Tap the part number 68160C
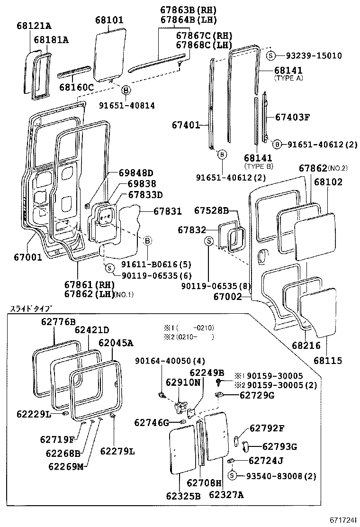76,87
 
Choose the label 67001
29,257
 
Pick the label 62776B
58,321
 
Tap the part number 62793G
279,446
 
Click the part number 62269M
66,466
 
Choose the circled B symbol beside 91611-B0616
147,241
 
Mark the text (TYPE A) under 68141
288,78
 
